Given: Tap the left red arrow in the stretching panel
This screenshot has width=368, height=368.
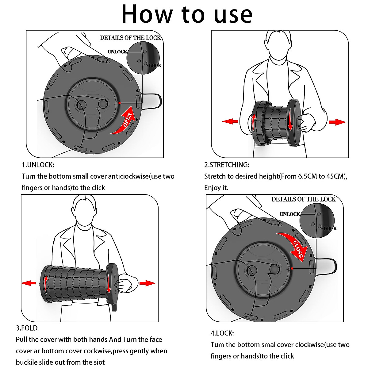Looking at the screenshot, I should click(230, 121).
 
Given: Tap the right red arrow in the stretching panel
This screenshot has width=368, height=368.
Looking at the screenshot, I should click(337, 122).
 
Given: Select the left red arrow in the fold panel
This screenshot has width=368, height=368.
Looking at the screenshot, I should click(29, 283).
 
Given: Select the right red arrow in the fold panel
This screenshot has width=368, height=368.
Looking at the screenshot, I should click(148, 283).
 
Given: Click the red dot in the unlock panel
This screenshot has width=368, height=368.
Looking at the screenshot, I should click(119, 103).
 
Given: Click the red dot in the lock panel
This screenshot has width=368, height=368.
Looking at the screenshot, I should click(292, 268).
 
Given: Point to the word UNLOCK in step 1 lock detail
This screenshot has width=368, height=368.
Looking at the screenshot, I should click(117, 52).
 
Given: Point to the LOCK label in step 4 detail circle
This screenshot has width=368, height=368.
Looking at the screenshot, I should click(330, 228).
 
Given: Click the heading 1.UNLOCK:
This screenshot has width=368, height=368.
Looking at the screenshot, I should click(38, 165).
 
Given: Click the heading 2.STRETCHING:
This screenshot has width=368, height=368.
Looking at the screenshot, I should click(227, 165).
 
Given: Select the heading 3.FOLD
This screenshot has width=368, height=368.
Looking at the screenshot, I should click(27, 328).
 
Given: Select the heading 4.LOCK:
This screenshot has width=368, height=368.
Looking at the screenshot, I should click(222, 333).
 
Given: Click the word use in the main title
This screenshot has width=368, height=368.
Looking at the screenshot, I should click(233, 15).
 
